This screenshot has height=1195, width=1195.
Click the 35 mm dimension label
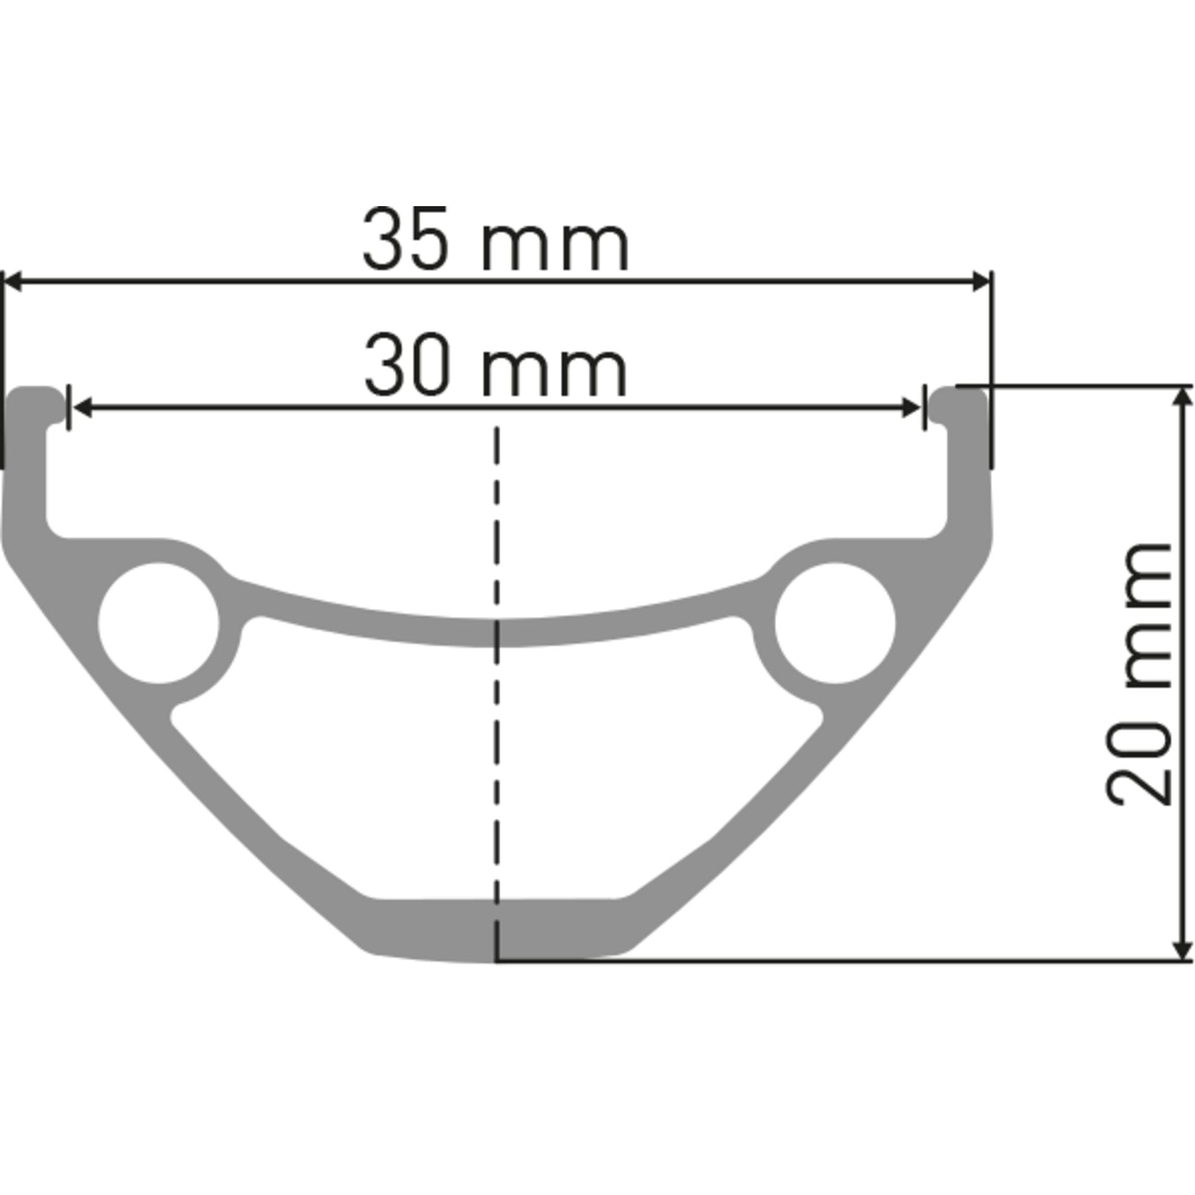point(495,240)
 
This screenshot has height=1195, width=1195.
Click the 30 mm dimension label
point(495,366)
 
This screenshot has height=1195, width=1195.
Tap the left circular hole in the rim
point(158,623)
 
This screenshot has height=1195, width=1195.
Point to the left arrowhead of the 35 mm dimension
point(13,281)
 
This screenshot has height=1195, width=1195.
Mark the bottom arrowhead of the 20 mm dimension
point(1182,952)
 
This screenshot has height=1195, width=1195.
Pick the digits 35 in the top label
point(405,240)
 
